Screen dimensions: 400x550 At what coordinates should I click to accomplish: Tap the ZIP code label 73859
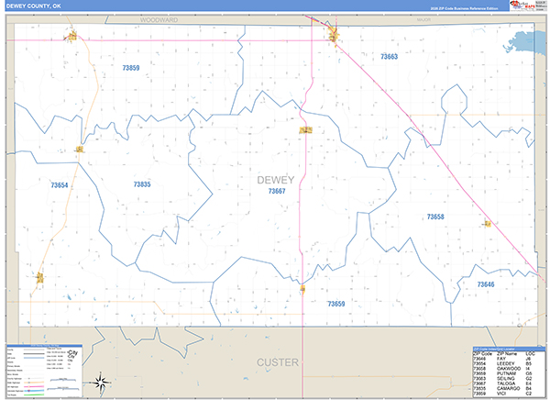pos(131,68)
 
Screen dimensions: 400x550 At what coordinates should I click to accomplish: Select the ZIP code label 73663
pos(389,57)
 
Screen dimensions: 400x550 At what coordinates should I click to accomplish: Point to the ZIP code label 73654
pos(60,185)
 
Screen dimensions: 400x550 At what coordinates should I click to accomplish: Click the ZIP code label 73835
pos(141,184)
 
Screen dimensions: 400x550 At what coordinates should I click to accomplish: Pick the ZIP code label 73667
pos(277,191)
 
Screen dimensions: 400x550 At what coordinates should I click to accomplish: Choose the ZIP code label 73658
pos(435,217)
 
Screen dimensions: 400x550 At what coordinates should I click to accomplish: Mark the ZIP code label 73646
pos(485,284)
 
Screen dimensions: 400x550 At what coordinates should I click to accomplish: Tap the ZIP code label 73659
pos(335,303)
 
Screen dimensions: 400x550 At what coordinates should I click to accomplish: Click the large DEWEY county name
pos(276,179)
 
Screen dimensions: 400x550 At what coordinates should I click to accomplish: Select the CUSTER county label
pos(278,362)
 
